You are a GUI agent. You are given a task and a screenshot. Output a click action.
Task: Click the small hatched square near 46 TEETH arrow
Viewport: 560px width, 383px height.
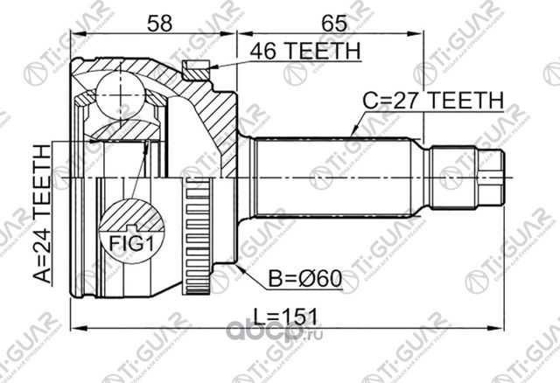click(x=194, y=66)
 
